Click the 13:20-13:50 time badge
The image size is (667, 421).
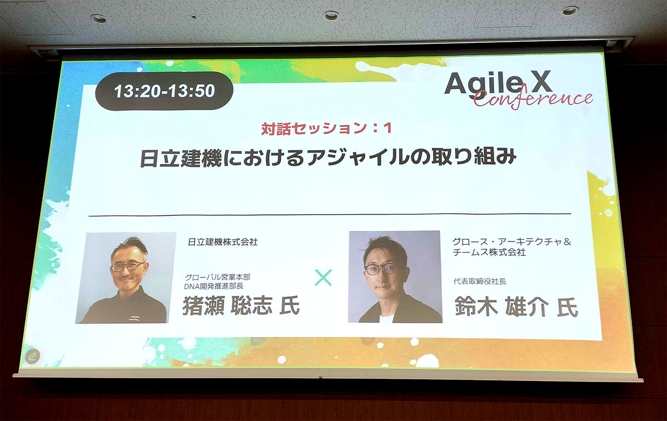(x=164, y=91)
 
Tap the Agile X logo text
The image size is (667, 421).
(x=498, y=83)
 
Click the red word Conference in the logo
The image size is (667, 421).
(x=533, y=100)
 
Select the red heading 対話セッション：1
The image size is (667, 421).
(x=327, y=128)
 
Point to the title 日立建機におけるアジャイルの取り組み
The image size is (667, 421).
(x=328, y=158)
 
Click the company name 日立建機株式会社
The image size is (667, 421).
(x=223, y=242)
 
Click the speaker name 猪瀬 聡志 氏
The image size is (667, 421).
(x=240, y=306)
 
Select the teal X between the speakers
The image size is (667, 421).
(x=323, y=277)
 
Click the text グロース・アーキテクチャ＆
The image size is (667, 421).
(x=512, y=242)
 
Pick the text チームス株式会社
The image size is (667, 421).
(x=489, y=252)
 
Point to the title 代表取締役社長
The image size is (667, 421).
(x=480, y=281)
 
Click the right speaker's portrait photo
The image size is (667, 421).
(x=395, y=276)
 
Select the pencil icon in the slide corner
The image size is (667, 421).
(x=32, y=356)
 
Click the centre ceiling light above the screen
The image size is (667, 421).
(x=331, y=15)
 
